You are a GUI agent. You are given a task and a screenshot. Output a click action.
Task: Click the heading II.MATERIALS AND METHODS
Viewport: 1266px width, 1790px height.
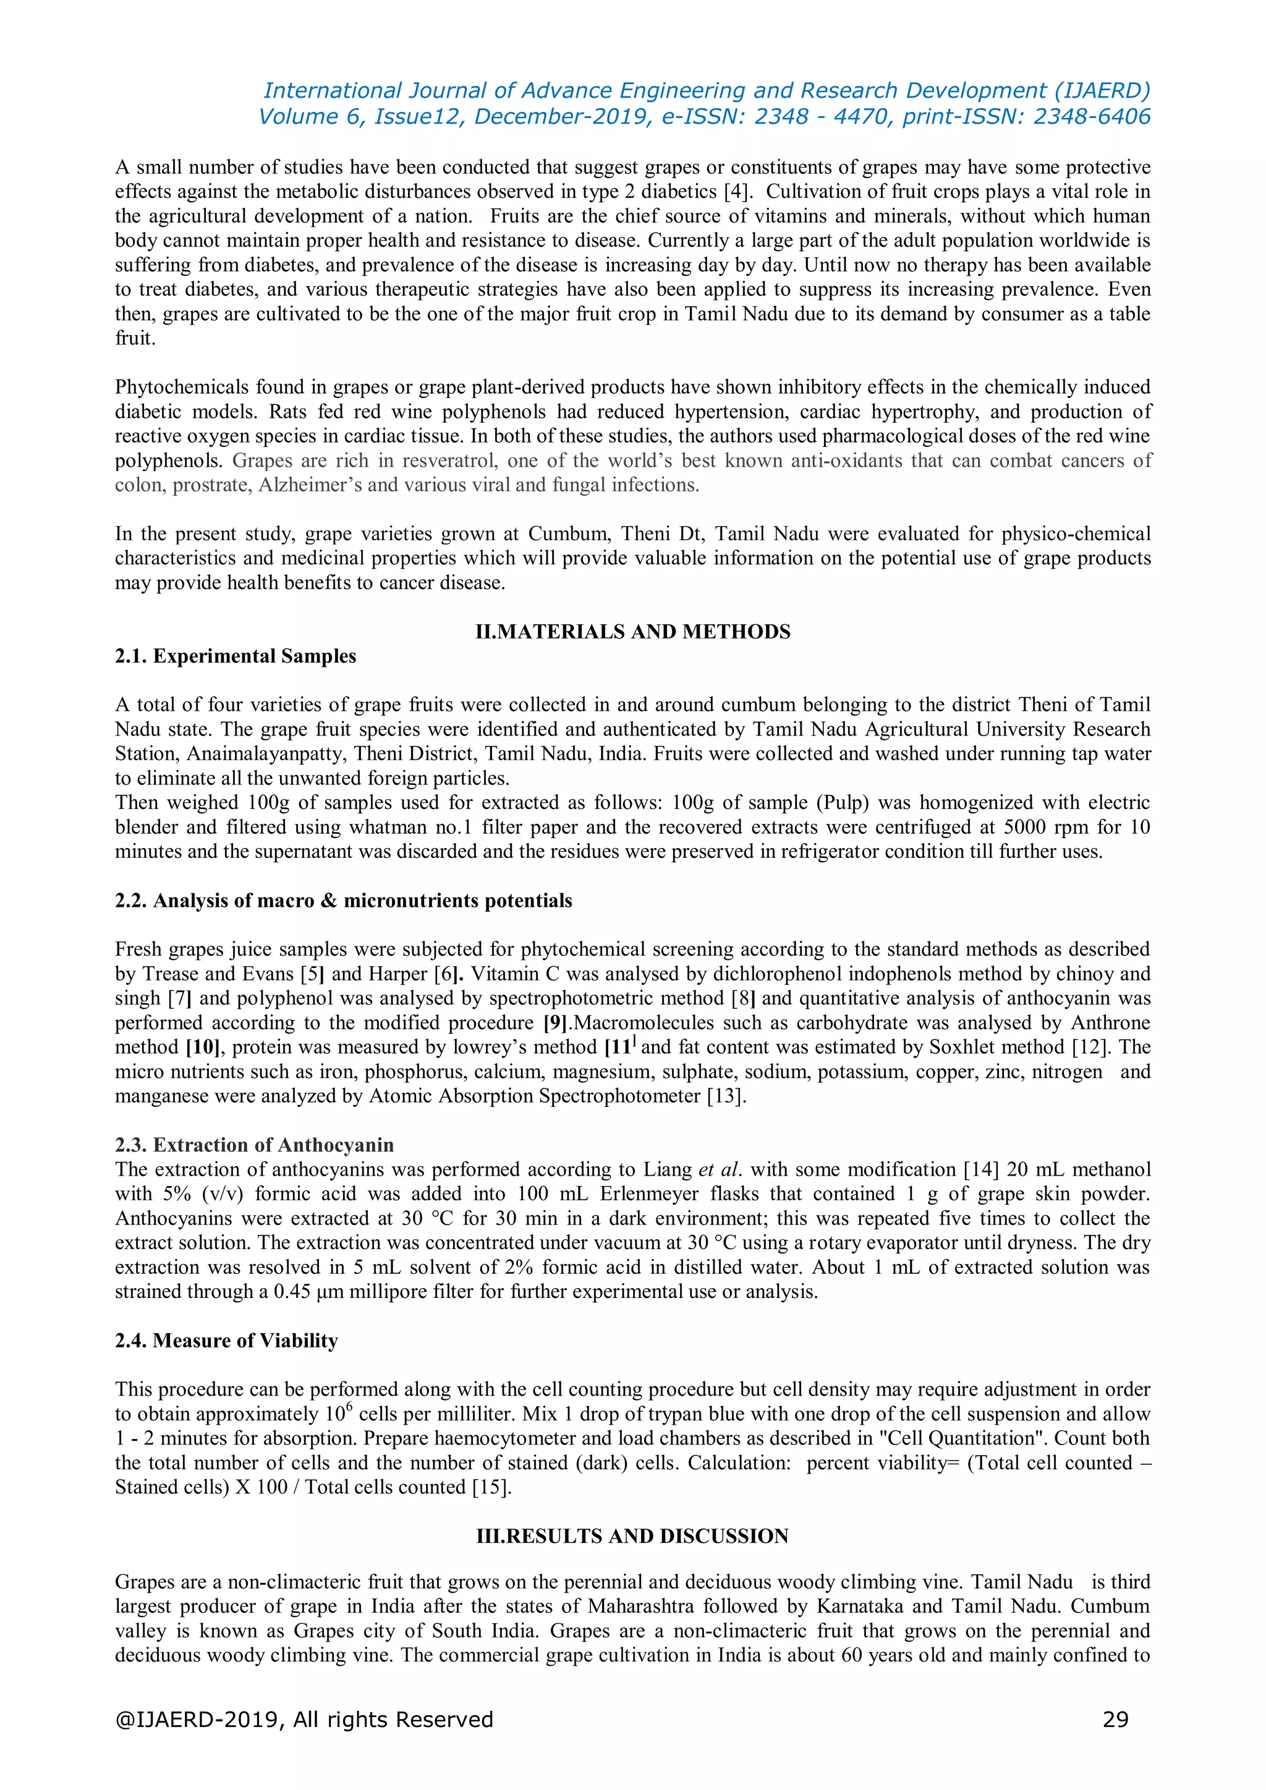pyautogui.click(x=632, y=632)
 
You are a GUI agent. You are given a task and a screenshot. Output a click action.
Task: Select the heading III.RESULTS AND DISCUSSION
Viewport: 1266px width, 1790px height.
pyautogui.click(x=632, y=1536)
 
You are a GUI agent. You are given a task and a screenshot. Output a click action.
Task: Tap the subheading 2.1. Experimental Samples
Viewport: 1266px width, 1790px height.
pyautogui.click(x=236, y=656)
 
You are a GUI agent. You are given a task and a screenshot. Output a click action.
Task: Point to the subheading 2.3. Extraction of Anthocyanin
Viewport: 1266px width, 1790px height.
pyautogui.click(x=254, y=1145)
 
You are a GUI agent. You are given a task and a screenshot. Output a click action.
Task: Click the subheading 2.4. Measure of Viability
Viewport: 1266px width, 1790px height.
pyautogui.click(x=226, y=1340)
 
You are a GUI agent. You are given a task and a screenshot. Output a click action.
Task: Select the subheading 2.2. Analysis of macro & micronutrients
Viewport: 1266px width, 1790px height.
pyautogui.click(x=343, y=901)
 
